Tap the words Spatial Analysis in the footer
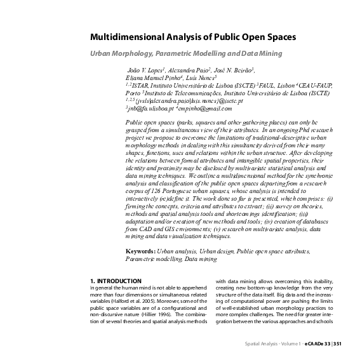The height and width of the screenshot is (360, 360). [x=261, y=343]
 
